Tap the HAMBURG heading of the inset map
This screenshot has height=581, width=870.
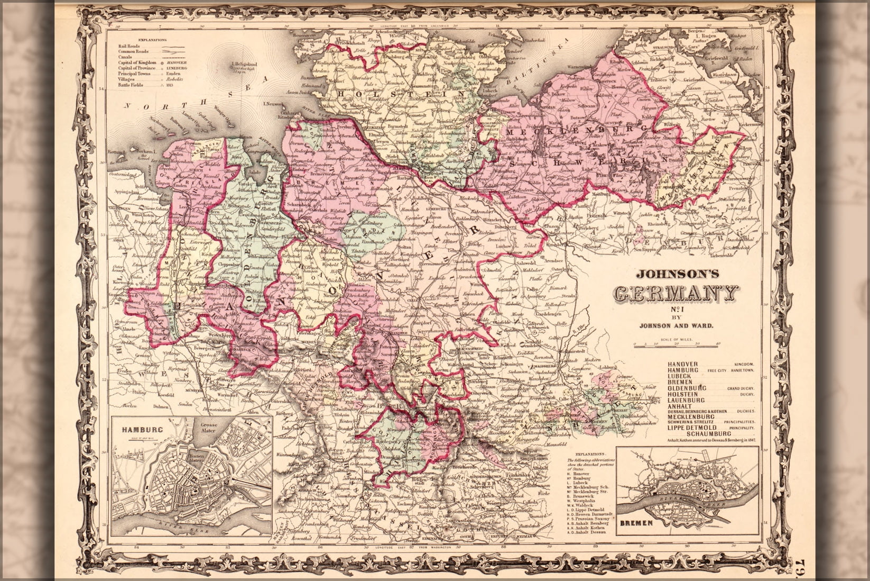(138, 429)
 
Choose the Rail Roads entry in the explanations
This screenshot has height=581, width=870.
(130, 46)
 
